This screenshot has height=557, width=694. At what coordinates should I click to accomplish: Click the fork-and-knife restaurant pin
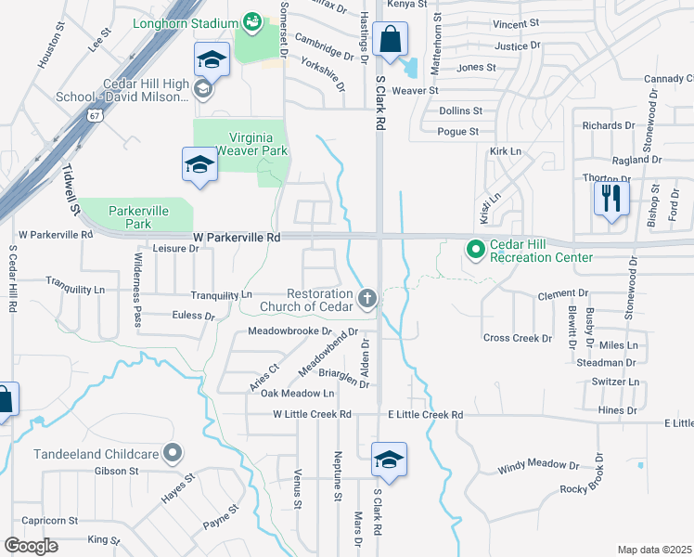click(611, 199)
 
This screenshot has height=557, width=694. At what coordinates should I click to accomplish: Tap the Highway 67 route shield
click(95, 115)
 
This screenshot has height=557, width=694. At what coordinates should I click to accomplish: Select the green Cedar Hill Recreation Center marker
click(476, 249)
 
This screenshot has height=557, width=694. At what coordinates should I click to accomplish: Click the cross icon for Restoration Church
click(367, 298)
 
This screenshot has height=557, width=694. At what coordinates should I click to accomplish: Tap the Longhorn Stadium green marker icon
click(250, 19)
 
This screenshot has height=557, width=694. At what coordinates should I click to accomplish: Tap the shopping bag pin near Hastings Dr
click(392, 40)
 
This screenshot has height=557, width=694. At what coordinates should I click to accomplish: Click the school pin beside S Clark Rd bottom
click(389, 460)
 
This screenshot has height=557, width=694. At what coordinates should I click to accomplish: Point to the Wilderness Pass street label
click(137, 278)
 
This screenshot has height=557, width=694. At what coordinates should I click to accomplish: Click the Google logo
click(30, 545)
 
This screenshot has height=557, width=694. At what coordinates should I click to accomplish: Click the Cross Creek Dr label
click(517, 338)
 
